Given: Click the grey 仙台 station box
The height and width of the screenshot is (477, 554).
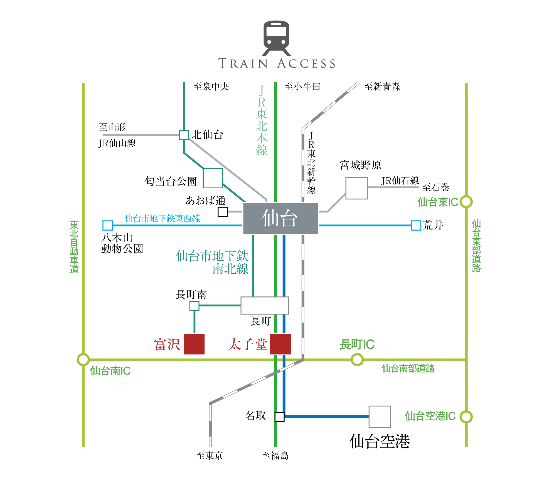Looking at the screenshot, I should point(280,219).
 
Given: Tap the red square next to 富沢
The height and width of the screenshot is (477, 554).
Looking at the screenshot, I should point(194,344).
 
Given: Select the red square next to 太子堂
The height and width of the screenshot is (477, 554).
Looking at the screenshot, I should point(280,344).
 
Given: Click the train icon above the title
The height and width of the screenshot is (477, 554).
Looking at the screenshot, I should point(276,38).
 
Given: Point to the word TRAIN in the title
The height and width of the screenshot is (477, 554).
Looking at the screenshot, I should point(243,63).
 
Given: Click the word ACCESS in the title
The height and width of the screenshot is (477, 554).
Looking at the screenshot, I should point(306,63).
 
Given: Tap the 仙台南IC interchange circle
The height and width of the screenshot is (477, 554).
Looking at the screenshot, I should point(83,359).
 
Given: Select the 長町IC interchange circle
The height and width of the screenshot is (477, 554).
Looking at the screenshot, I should point(357,359).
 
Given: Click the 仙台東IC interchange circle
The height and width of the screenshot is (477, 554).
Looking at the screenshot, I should point(466,202).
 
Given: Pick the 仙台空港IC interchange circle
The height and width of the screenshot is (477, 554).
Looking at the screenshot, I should point(466,417).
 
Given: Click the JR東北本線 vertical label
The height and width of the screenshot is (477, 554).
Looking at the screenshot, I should point(262,121).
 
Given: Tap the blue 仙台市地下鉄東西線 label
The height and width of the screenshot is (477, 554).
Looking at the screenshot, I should point(162,218).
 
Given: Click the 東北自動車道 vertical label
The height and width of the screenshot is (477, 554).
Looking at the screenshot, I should point(74,247).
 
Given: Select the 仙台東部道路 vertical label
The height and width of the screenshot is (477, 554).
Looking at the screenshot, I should point(476,246).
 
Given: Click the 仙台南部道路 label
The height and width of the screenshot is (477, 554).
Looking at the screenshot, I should point(408,369).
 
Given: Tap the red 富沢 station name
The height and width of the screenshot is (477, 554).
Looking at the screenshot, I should point(167,344).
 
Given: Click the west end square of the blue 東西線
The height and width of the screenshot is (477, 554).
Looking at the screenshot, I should point(107,225).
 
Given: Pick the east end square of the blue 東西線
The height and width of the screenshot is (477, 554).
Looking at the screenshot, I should point(416,225).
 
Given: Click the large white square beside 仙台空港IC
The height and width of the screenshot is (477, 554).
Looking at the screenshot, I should point(380,417).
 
